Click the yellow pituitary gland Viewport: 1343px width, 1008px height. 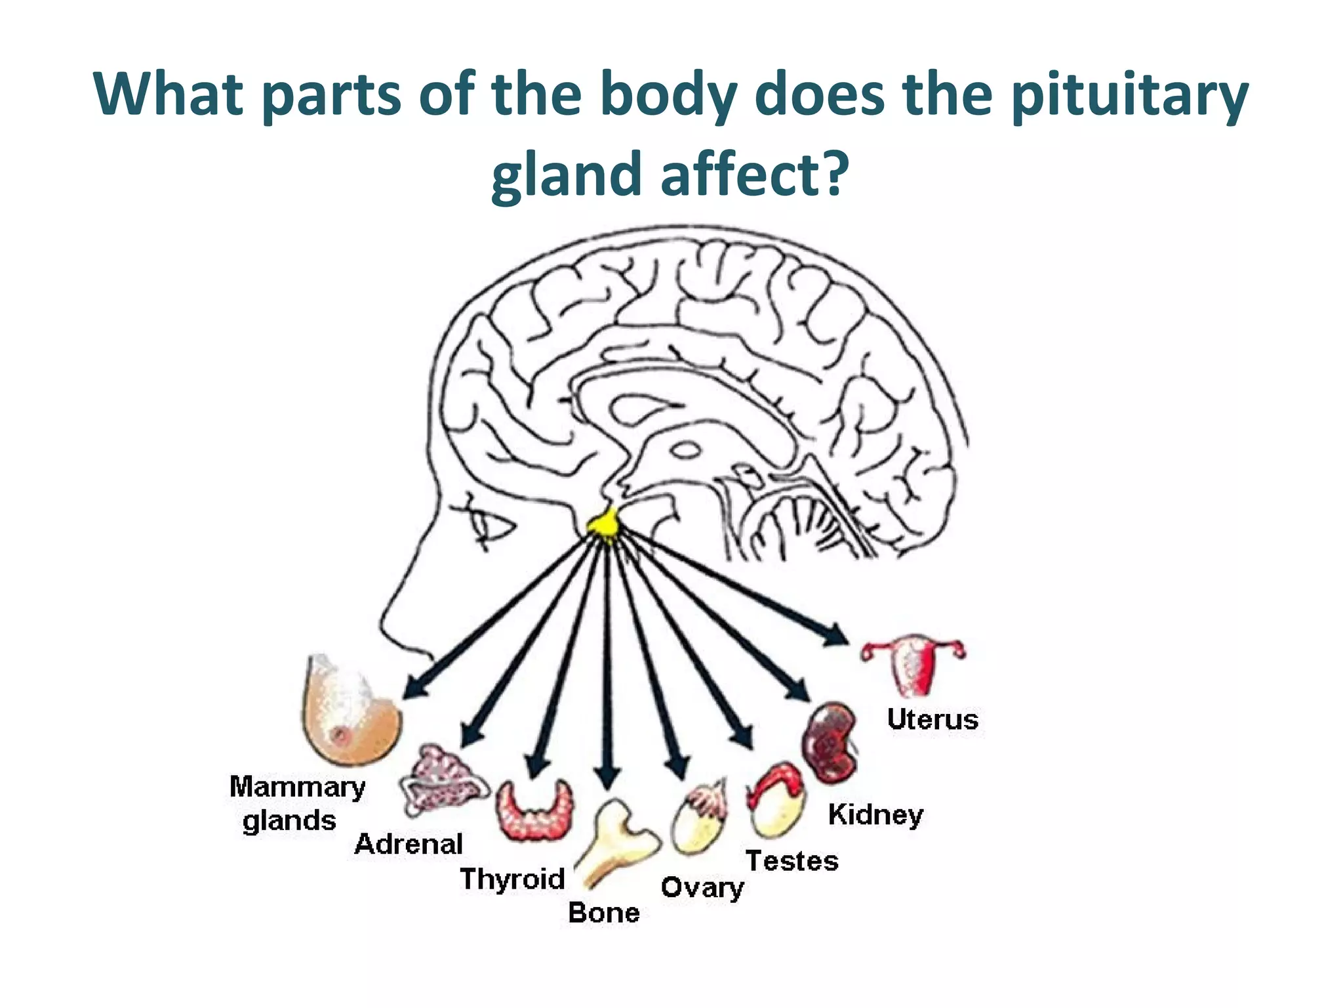(604, 524)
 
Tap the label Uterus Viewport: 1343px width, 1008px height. (932, 719)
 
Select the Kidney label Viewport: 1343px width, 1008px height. (875, 814)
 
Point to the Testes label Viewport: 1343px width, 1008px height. (792, 860)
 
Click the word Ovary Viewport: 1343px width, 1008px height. (702, 888)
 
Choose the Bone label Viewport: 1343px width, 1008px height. (604, 913)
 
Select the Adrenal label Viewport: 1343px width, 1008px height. (409, 844)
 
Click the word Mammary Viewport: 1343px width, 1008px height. (297, 787)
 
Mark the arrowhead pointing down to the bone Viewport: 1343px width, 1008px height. (608, 777)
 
